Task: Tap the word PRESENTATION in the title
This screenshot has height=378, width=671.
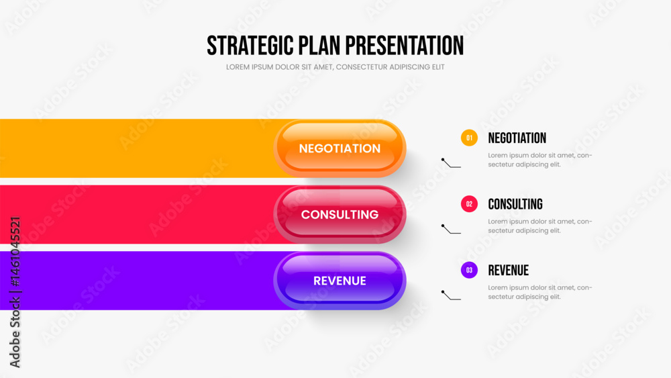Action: pos(405,46)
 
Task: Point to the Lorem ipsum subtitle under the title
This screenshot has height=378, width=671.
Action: pos(335,66)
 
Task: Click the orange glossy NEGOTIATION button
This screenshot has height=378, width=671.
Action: pos(340,148)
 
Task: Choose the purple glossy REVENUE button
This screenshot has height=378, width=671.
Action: pos(340,281)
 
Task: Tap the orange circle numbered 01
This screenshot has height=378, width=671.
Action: pos(469,138)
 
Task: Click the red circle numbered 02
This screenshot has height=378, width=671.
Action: pos(469,203)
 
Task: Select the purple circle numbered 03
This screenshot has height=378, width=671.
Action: pos(469,270)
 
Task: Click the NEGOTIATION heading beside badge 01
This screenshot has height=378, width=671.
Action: pos(517,138)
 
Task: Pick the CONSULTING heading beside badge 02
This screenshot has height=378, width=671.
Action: pos(515,204)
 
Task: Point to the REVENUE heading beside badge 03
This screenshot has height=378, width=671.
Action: pos(509,270)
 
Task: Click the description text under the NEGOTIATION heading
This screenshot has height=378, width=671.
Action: pos(540,160)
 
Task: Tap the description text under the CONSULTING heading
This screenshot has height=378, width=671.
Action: pos(540,226)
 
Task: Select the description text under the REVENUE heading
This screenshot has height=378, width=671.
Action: pos(540,292)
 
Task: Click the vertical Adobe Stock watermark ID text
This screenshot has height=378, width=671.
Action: pos(15,292)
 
